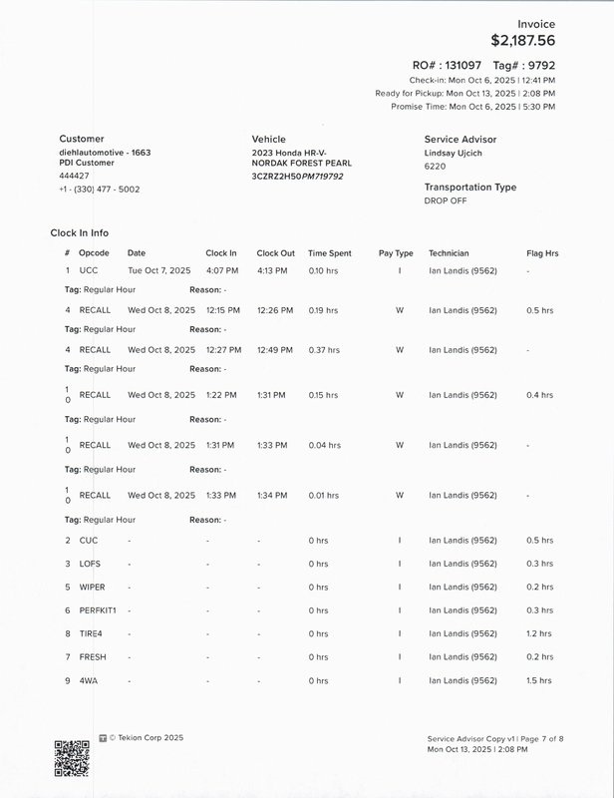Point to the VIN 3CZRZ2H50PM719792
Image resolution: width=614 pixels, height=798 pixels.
pos(298,176)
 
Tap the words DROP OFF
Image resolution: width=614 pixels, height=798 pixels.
pos(445,200)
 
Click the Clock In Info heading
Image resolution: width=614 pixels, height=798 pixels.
pos(87,232)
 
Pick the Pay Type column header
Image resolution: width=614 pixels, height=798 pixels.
pos(396,253)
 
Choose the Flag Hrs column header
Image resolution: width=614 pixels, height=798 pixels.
pos(542,253)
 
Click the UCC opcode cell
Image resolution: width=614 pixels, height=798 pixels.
pos(90,270)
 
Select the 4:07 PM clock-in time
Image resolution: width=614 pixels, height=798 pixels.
pos(221,270)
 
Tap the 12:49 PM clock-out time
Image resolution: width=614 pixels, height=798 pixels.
pos(274,350)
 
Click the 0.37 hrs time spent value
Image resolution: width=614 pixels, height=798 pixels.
pos(323,350)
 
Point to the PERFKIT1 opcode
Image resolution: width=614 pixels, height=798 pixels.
pos(98,610)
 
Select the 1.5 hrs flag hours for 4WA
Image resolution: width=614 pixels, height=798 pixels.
pos(539,681)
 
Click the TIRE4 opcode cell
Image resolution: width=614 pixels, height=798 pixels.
pos(91,633)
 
